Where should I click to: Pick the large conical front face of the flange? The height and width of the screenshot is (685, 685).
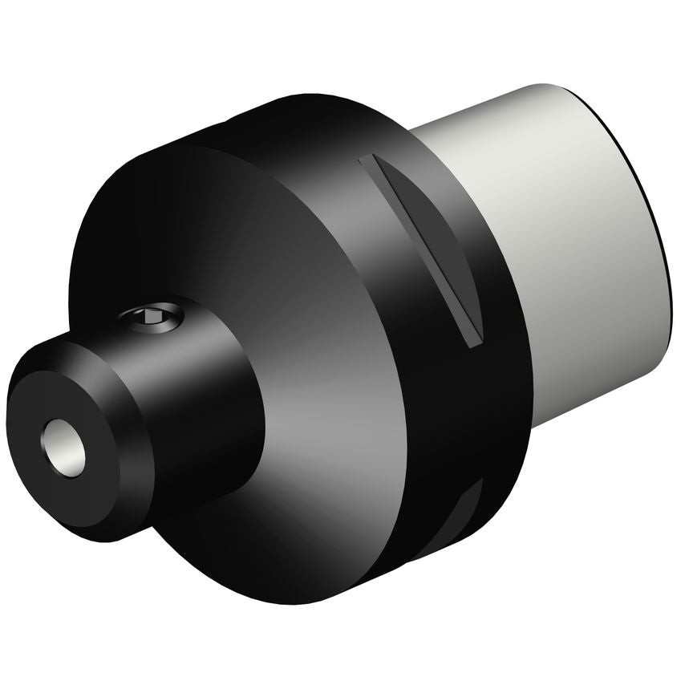tap(321, 401)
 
